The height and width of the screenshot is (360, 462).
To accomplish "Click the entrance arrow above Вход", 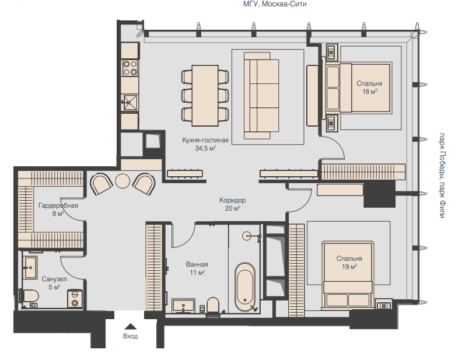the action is click(x=130, y=326).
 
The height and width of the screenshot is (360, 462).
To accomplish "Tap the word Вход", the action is click(x=130, y=336).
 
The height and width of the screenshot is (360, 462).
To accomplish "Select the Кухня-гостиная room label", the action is click(x=205, y=140).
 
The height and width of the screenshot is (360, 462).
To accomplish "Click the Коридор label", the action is click(x=233, y=200).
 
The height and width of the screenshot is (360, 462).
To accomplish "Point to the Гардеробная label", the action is click(x=58, y=205).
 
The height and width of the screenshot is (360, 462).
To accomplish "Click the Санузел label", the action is click(x=54, y=279).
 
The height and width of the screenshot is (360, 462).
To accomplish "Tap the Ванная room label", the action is click(x=197, y=264).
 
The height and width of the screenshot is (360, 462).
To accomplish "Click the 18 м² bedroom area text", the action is click(x=369, y=92).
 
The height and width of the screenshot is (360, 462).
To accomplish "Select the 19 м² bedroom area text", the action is click(x=349, y=267).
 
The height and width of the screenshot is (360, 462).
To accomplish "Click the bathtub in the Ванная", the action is click(x=245, y=286).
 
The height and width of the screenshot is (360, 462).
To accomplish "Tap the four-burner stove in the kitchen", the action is click(x=130, y=68).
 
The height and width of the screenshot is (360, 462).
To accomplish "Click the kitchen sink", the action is click(x=129, y=103).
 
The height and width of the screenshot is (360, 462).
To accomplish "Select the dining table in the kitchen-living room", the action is click(x=205, y=96).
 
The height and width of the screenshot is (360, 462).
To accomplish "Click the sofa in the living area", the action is click(x=261, y=96).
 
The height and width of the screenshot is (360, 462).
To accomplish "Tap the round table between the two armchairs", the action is click(x=123, y=181).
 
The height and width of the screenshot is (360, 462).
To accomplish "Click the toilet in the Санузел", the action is click(x=29, y=295).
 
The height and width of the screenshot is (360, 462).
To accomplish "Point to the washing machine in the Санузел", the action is click(x=75, y=298).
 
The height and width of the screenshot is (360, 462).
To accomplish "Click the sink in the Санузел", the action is click(x=30, y=267).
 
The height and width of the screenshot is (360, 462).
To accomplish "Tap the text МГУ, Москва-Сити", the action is click(x=275, y=4).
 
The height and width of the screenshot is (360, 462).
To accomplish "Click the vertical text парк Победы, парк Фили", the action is click(x=442, y=176).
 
